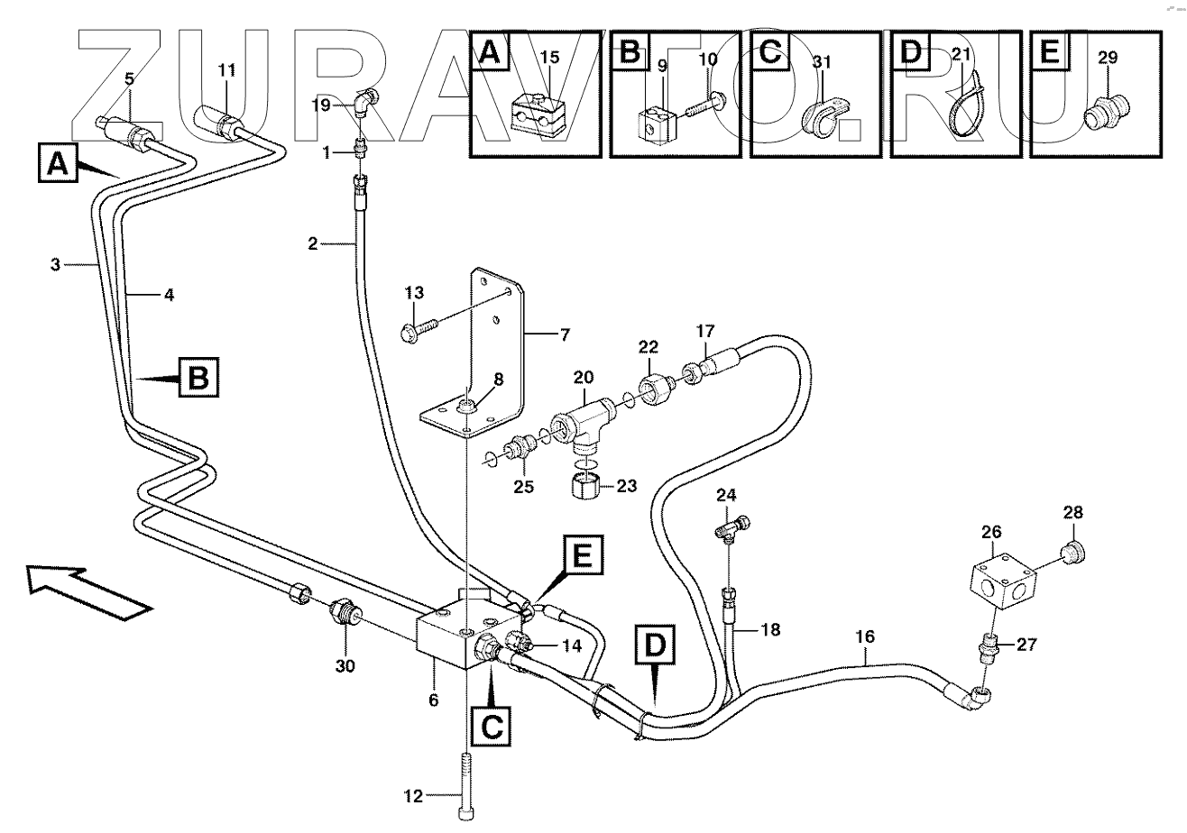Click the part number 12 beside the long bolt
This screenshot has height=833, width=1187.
click(x=412, y=795)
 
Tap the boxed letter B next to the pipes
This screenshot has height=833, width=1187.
click(x=198, y=376)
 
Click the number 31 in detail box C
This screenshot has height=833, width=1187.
click(x=821, y=61)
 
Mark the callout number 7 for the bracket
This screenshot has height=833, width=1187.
click(x=565, y=336)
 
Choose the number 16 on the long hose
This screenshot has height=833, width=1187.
click(x=864, y=637)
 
